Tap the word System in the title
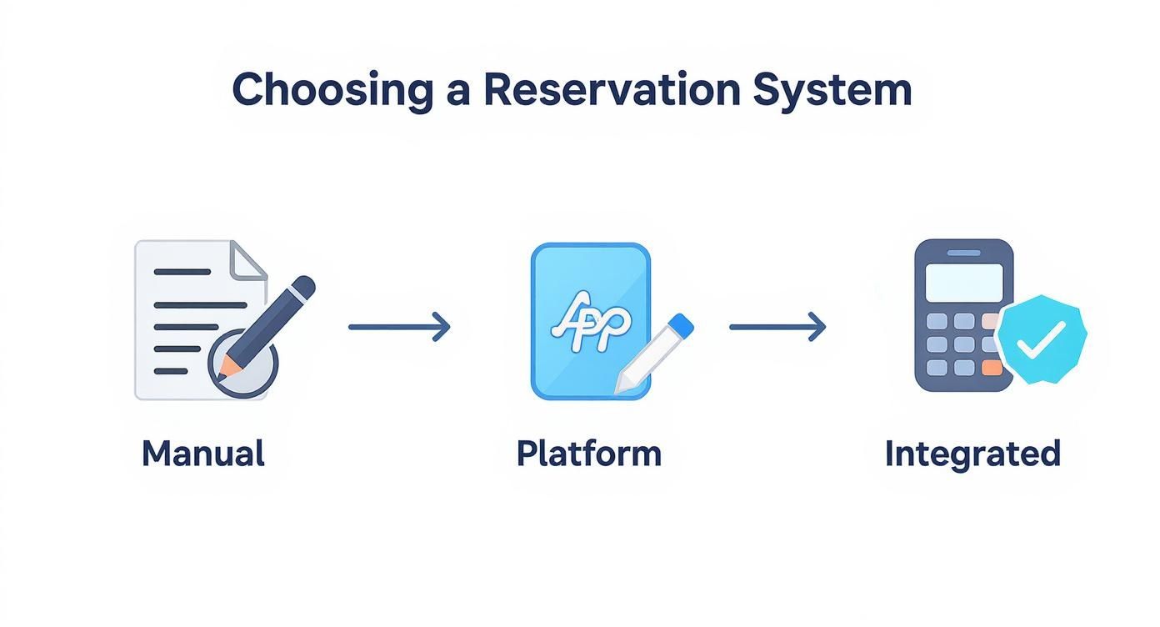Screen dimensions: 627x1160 coord(832,90)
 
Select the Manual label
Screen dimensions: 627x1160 coord(203,454)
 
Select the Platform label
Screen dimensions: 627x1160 coord(589,454)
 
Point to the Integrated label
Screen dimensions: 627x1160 coord(972,454)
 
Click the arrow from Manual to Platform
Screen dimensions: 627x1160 coord(399,327)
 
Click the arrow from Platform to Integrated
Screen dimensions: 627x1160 coord(777,327)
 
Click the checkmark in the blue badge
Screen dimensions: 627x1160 coord(1042,340)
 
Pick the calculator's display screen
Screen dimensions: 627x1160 coord(964,281)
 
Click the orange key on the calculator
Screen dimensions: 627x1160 coord(991,368)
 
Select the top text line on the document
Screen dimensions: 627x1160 coord(182,272)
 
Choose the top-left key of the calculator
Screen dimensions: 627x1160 coord(937,321)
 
